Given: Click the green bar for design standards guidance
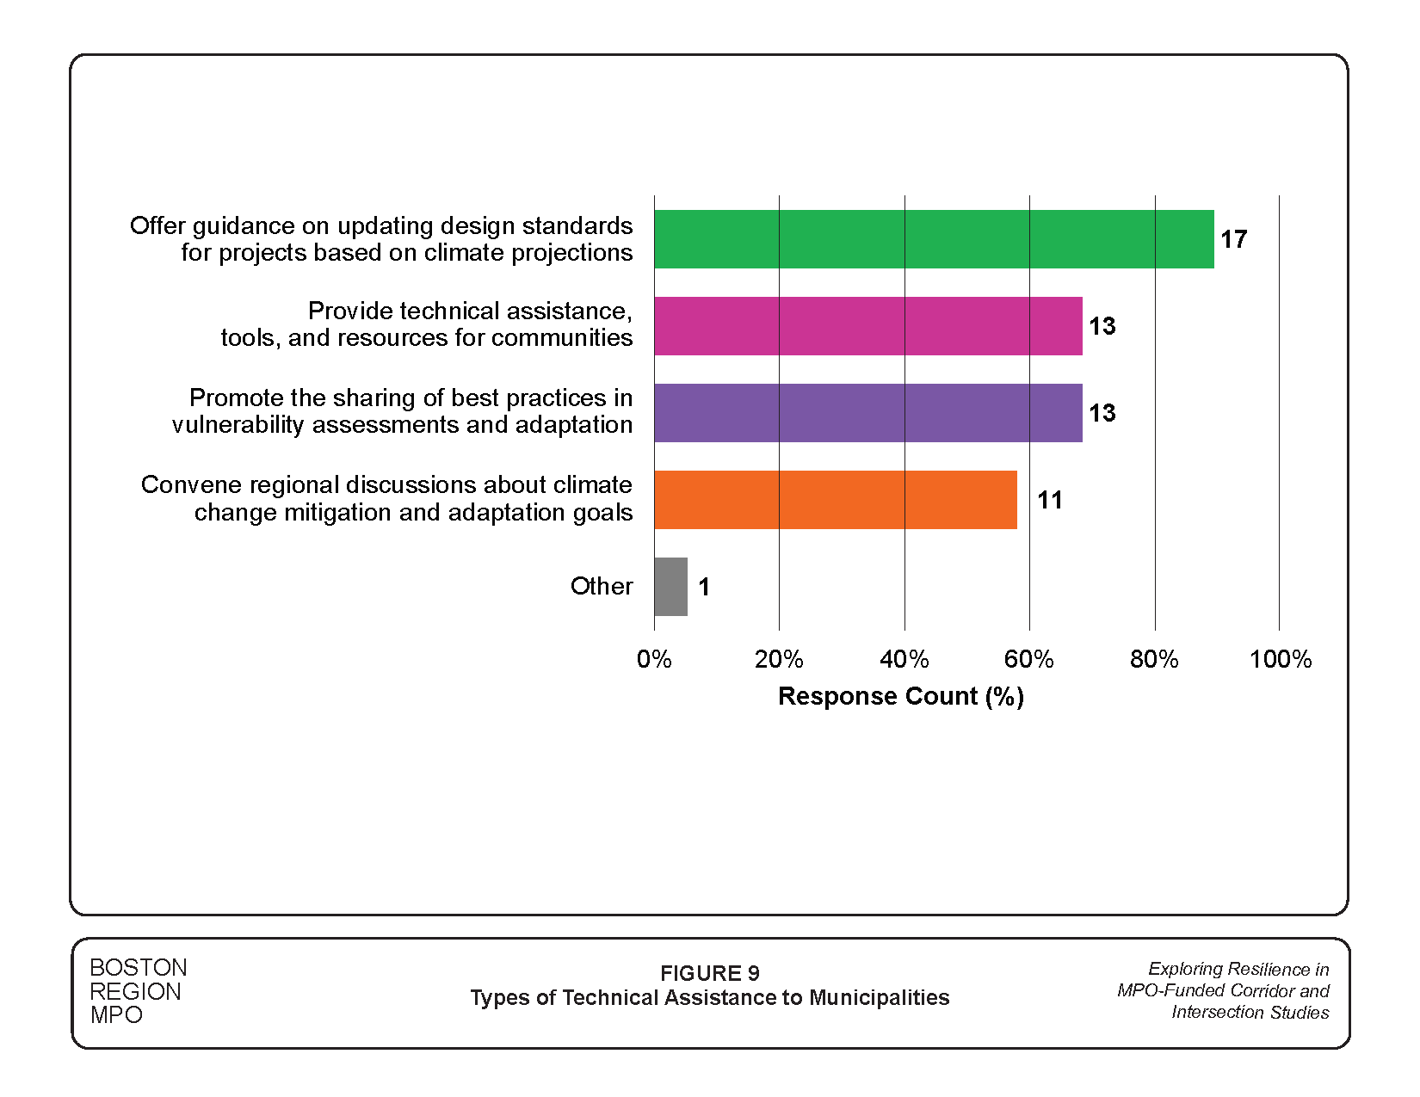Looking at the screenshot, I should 934,239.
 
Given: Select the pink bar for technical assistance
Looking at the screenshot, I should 867,326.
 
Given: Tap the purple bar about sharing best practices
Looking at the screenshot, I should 867,413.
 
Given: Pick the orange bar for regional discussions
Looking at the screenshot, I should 835,500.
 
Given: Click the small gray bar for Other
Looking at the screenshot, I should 670,587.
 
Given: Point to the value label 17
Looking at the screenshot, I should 1233,239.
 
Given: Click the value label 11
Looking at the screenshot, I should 1049,500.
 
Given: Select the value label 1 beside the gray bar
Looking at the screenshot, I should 704,587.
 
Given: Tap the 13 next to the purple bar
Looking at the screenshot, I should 1102,413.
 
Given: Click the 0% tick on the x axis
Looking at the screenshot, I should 654,659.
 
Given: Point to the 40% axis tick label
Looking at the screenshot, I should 904,659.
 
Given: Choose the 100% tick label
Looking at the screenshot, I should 1280,659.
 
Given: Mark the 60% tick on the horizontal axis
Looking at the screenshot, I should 1029,659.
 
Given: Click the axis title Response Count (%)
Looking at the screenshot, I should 900,696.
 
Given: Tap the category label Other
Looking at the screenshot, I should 602,586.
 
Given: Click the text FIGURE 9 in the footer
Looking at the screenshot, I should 709,973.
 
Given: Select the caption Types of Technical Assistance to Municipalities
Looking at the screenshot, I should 709,997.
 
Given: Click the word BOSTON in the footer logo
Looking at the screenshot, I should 138,968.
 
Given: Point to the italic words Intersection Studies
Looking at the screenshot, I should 1250,1013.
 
